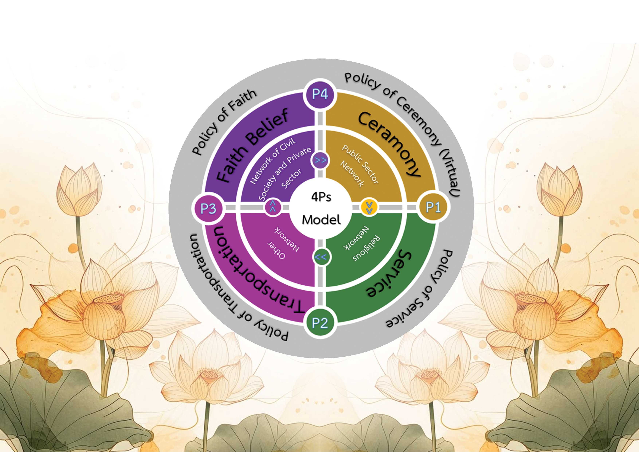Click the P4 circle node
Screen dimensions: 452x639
click(x=320, y=95)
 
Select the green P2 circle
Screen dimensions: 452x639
click(x=320, y=323)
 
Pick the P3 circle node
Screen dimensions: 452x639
click(x=208, y=208)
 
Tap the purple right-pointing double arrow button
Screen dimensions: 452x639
click(x=320, y=160)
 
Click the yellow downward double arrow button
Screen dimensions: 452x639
click(x=369, y=207)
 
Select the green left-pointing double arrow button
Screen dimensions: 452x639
click(x=320, y=257)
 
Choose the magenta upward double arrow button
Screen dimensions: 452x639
click(x=273, y=207)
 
